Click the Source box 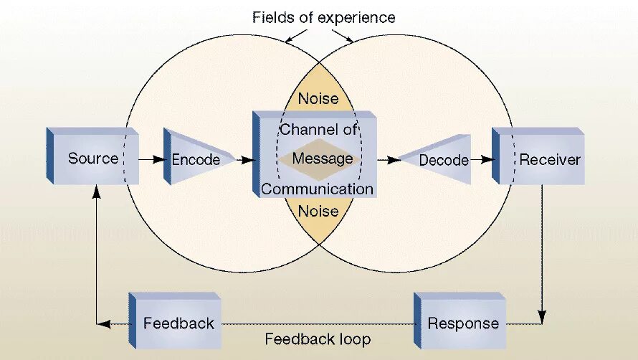click(x=92, y=158)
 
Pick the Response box click(x=462, y=323)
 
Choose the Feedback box click(x=178, y=323)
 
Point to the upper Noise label click(x=318, y=98)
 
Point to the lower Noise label click(x=318, y=211)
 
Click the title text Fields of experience click(x=323, y=17)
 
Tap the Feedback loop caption click(x=318, y=339)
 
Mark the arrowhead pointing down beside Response click(x=543, y=316)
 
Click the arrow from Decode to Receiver click(x=485, y=160)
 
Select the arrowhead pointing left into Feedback click(x=105, y=324)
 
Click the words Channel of click(x=318, y=130)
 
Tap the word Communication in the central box click(x=317, y=189)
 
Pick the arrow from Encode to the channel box click(x=244, y=159)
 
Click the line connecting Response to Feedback click(x=315, y=324)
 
